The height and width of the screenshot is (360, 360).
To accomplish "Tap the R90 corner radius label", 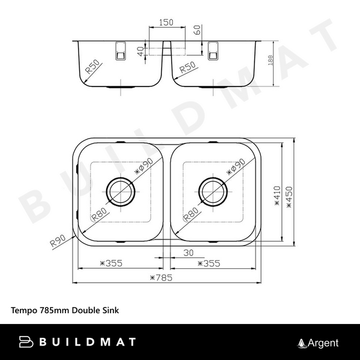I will (57, 241).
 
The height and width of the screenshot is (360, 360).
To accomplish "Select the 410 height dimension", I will (277, 195).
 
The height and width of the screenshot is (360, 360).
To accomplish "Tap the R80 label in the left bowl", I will (99, 214).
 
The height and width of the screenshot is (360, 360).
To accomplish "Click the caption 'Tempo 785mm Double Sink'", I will (65, 311).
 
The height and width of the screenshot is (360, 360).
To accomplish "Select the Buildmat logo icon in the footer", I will (27, 343).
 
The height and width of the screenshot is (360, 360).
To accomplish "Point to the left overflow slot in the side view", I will (121, 50).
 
